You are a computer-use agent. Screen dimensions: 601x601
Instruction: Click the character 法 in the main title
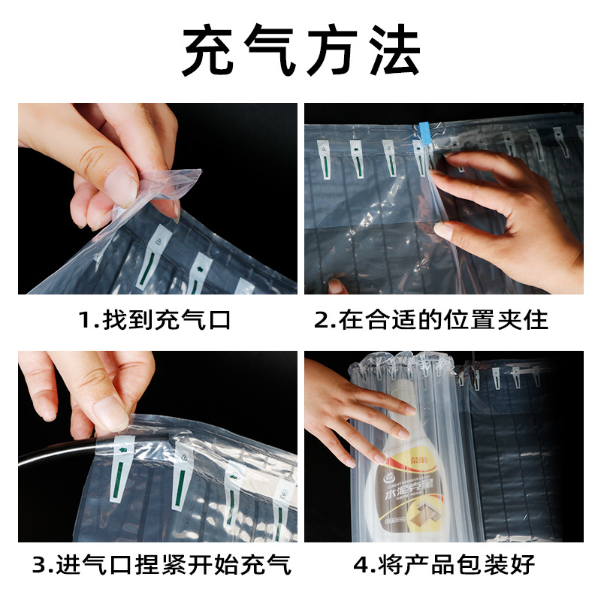[x=391, y=50]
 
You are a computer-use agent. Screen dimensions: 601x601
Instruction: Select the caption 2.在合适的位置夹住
[x=431, y=321]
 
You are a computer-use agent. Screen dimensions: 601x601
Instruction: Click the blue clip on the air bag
[x=423, y=135]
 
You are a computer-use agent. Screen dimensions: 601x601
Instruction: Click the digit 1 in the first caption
[x=84, y=321]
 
